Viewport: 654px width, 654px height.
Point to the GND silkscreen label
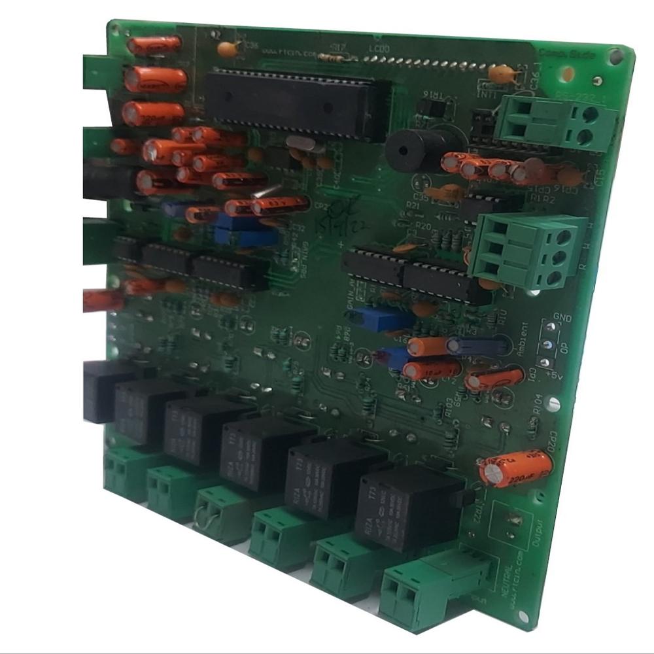point(562,318)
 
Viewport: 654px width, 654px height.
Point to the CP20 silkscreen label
point(554,439)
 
